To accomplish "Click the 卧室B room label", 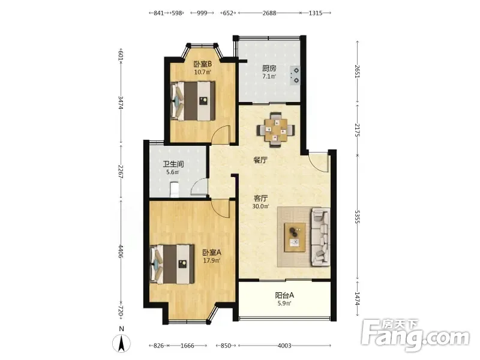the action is [x=203, y=64].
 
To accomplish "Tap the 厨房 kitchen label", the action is [x=269, y=68].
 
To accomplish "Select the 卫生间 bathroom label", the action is [x=173, y=164].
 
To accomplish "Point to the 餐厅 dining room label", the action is [x=260, y=160].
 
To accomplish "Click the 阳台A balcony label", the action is [x=284, y=295].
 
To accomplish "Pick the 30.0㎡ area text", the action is [x=260, y=206].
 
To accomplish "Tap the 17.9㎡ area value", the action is [x=212, y=260].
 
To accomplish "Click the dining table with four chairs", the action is [x=276, y=130].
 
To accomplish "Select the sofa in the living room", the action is [x=320, y=237].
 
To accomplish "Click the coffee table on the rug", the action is [x=295, y=238].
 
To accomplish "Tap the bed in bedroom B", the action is [x=193, y=101].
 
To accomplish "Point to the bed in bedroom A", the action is [x=172, y=264].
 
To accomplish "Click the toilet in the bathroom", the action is [x=174, y=190].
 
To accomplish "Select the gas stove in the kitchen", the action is [x=295, y=76].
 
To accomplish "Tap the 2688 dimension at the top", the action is [x=269, y=13].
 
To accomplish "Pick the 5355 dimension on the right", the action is [x=357, y=217].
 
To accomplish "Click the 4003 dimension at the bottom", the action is [x=284, y=346].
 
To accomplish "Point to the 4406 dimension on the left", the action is [x=121, y=251].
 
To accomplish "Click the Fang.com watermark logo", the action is [x=415, y=335].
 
